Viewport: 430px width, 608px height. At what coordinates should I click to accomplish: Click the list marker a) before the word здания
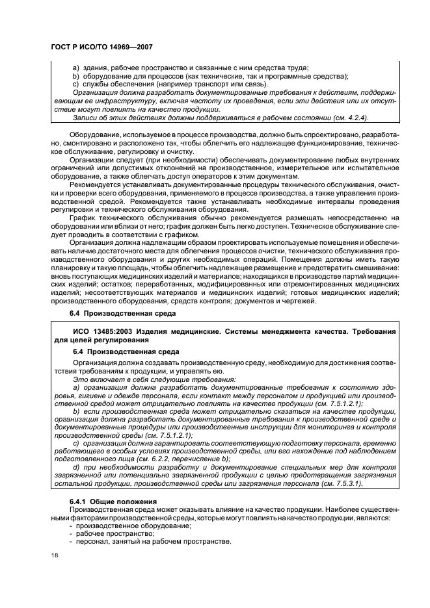(75, 68)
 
